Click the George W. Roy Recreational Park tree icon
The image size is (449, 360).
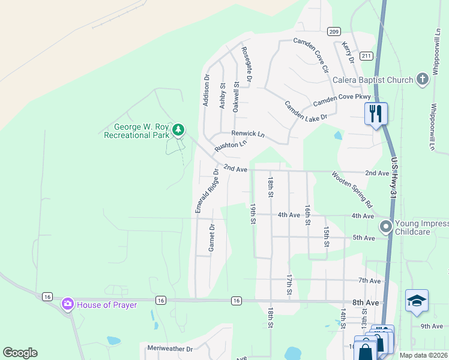[x=178, y=129]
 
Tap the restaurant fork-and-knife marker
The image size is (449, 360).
[x=376, y=112]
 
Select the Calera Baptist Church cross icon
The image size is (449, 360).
[x=423, y=79]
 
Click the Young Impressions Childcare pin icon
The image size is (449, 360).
[x=385, y=226]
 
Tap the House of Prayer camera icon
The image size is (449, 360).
[x=67, y=304]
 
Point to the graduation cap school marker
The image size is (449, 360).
[x=417, y=301]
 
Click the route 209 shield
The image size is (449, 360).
[x=334, y=31]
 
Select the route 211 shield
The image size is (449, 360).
[x=366, y=56]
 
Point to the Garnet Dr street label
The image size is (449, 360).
[x=211, y=238]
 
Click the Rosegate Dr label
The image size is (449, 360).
[x=246, y=64]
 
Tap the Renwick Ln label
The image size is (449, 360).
[x=248, y=134]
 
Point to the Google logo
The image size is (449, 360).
[x=20, y=353]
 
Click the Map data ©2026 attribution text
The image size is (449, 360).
[x=423, y=355]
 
